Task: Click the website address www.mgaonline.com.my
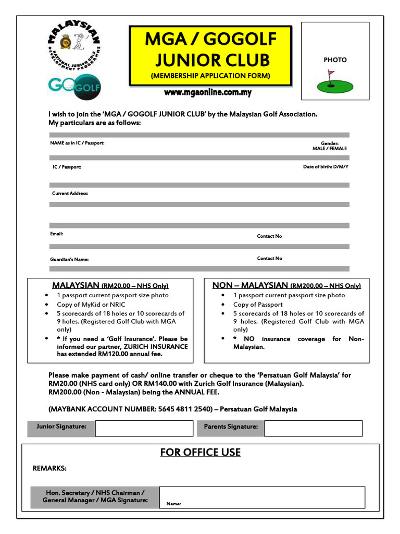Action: pos(208,93)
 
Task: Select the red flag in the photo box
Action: pos(331,74)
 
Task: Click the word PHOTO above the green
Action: pos(335,60)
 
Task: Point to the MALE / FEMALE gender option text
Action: pos(329,149)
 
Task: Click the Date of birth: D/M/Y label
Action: pos(326,167)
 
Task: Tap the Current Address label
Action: pos(70,193)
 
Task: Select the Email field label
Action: pos(56,234)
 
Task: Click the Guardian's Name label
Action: pos(70,259)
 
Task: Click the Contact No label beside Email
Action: pos(269,236)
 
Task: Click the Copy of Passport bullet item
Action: pos(258,305)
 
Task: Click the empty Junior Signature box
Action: pos(144,429)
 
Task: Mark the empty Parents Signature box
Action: pos(313,429)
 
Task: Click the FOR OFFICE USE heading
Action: pos(201,452)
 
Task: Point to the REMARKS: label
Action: pos(49,468)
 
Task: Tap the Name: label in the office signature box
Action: pos(173,504)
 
